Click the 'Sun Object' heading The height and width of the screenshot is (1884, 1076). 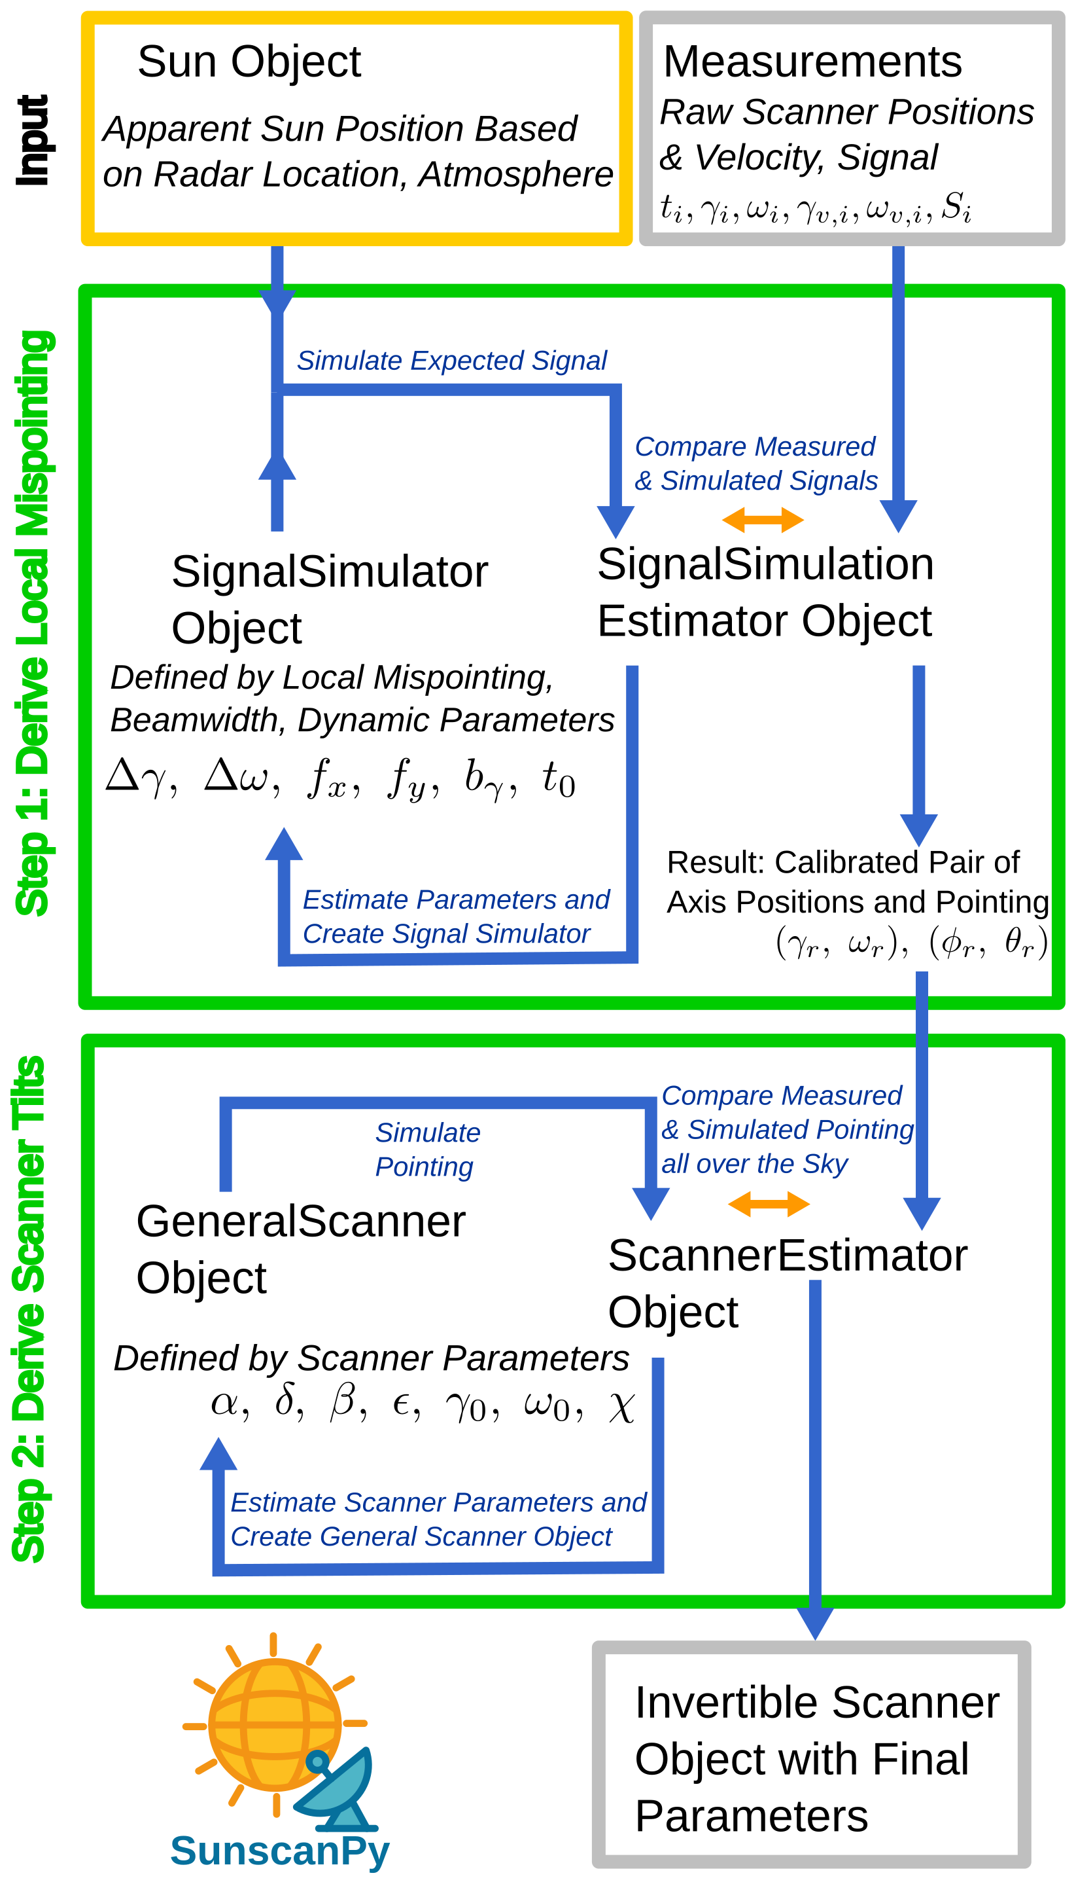[x=249, y=62]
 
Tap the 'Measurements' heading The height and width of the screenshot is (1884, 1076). [x=812, y=62]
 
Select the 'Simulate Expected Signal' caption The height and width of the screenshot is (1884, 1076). [x=451, y=361]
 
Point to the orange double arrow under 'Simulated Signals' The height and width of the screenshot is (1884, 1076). [x=763, y=520]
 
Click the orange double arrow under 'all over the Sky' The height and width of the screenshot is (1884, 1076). [x=769, y=1204]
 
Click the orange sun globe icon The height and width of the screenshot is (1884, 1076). [x=274, y=1725]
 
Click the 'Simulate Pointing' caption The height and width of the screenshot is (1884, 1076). [x=427, y=1150]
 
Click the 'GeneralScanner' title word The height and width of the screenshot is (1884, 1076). [x=301, y=1222]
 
